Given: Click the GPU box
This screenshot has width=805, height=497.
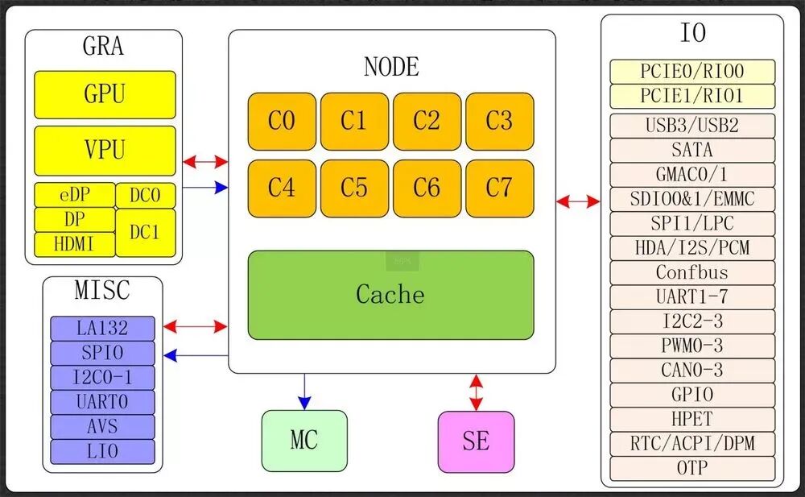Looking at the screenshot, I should pyautogui.click(x=105, y=94).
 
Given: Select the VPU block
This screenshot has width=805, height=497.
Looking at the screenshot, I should pyautogui.click(x=105, y=150).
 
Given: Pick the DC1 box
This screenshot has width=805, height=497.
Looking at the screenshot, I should pyautogui.click(x=145, y=232).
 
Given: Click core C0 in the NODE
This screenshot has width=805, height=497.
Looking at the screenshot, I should pyautogui.click(x=282, y=121).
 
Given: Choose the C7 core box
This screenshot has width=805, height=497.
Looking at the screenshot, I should pyautogui.click(x=499, y=188).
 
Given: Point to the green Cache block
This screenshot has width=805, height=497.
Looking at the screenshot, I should pyautogui.click(x=390, y=294).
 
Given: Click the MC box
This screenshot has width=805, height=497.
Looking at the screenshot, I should pyautogui.click(x=304, y=441).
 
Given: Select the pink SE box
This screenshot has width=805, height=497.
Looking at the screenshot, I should pyautogui.click(x=476, y=441).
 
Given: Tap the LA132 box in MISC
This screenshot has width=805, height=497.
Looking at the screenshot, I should pyautogui.click(x=102, y=328).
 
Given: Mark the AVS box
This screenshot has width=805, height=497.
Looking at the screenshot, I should pyautogui.click(x=102, y=426).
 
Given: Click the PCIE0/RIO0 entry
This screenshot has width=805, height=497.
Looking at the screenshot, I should pyautogui.click(x=692, y=72).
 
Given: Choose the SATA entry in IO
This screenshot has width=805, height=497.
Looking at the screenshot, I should pyautogui.click(x=692, y=150).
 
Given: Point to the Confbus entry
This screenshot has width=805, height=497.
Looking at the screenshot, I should pyautogui.click(x=692, y=272).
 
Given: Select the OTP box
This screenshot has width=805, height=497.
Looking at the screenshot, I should pyautogui.click(x=692, y=468).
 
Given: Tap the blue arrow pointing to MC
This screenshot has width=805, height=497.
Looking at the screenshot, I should pyautogui.click(x=304, y=391).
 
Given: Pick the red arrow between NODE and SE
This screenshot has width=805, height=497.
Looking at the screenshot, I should pyautogui.click(x=476, y=392).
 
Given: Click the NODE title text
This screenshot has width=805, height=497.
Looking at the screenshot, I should pyautogui.click(x=391, y=66).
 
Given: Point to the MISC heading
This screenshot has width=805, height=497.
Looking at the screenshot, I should pyautogui.click(x=102, y=290).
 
